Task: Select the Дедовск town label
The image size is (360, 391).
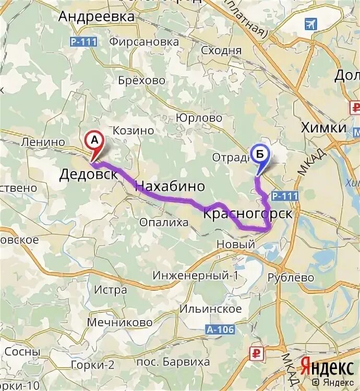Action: [88, 174]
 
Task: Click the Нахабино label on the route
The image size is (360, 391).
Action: [170, 187]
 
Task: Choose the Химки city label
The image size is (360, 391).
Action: [323, 128]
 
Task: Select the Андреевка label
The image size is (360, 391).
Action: [96, 17]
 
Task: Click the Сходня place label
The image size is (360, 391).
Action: [221, 50]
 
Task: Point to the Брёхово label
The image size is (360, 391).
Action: [141, 80]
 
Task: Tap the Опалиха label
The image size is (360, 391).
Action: [164, 223]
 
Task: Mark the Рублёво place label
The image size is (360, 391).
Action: [291, 278]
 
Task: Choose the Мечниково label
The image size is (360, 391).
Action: [119, 323]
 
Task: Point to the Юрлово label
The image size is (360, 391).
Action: [199, 118]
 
